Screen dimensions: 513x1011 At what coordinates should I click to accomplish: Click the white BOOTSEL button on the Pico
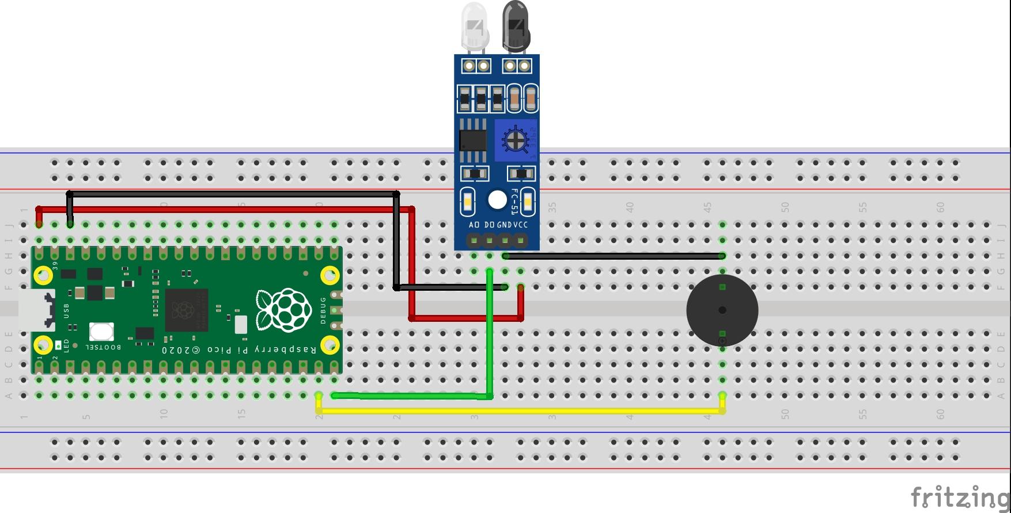tap(101, 332)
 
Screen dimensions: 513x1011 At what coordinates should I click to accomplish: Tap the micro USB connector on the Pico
tap(36, 310)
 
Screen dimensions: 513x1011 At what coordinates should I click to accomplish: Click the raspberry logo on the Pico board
tap(284, 310)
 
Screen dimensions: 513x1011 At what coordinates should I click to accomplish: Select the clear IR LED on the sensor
tap(475, 26)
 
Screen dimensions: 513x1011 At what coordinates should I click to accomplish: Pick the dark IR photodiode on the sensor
tap(516, 26)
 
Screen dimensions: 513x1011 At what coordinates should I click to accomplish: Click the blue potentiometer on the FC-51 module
tap(515, 140)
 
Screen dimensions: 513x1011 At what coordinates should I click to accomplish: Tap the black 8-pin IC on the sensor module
tap(472, 140)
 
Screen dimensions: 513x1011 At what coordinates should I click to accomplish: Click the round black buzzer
tap(722, 310)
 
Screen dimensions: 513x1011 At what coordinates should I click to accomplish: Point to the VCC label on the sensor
tap(521, 225)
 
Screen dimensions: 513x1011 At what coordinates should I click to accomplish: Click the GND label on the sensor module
tap(504, 225)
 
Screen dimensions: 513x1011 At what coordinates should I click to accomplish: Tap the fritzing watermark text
tap(959, 496)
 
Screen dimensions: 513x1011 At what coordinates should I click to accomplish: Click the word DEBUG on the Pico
tap(323, 310)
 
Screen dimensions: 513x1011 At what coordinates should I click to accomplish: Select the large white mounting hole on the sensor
tap(497, 200)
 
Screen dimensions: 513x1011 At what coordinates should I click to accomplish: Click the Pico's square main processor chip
tap(186, 310)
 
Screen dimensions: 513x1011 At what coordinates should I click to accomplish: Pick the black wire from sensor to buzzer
tap(614, 256)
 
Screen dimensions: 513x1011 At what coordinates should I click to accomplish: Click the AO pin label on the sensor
tap(474, 225)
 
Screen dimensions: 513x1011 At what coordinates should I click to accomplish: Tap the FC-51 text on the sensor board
tap(515, 202)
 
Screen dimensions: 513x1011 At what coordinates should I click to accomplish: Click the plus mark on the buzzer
tap(722, 341)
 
